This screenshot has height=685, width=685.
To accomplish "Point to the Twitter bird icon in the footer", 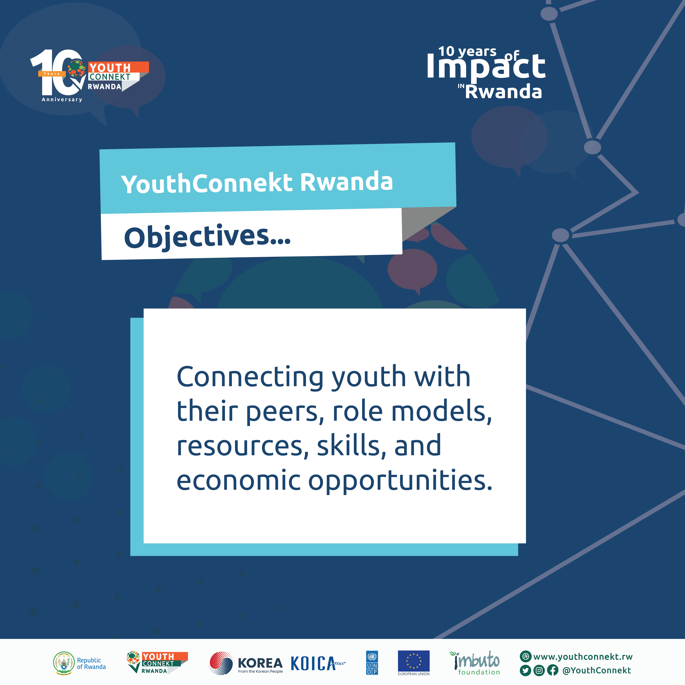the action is [525, 670].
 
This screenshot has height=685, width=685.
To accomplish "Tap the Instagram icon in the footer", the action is [539, 670].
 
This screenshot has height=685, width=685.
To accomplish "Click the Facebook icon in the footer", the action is [552, 670].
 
